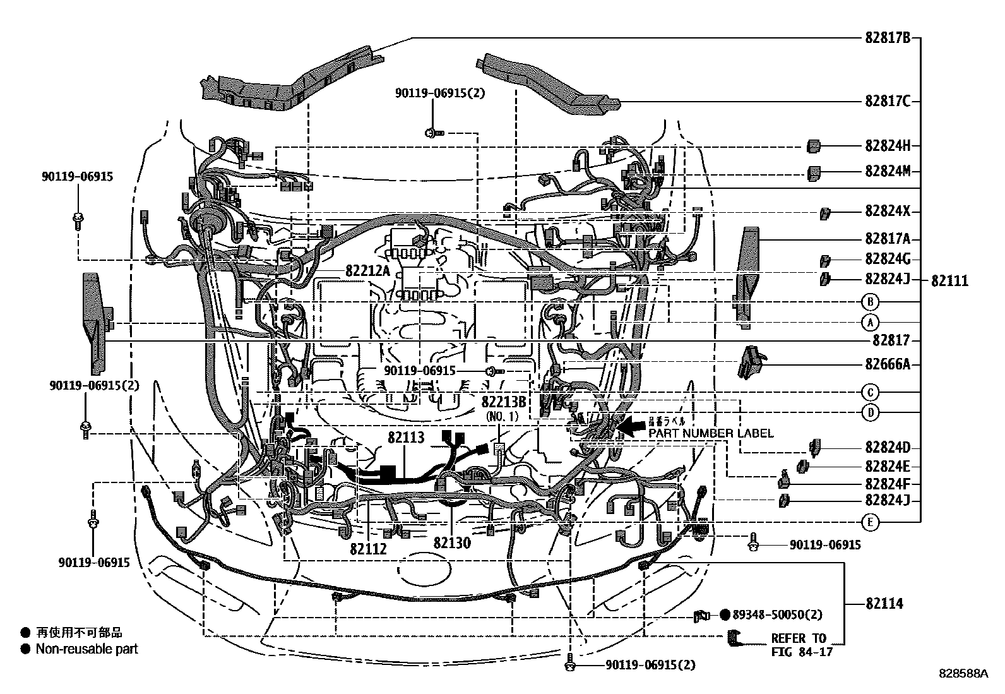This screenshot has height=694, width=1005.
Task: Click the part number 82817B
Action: [x=888, y=38]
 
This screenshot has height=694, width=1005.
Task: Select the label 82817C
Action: [x=888, y=101]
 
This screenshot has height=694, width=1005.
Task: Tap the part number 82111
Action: [x=949, y=281]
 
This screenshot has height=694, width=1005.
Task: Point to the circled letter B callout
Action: [x=870, y=301]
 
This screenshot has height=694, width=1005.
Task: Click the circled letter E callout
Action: [x=870, y=522]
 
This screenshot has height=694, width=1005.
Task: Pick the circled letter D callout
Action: [x=870, y=413]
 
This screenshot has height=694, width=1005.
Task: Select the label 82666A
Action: [x=888, y=364]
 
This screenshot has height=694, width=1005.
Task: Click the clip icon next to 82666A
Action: [x=750, y=362]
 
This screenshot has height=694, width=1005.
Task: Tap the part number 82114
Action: [x=884, y=604]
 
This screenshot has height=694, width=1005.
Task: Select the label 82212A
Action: [x=368, y=271]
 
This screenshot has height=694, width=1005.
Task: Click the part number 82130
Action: [x=451, y=542]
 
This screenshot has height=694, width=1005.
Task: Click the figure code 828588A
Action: [x=963, y=674]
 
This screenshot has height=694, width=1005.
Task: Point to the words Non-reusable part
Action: [x=86, y=649]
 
